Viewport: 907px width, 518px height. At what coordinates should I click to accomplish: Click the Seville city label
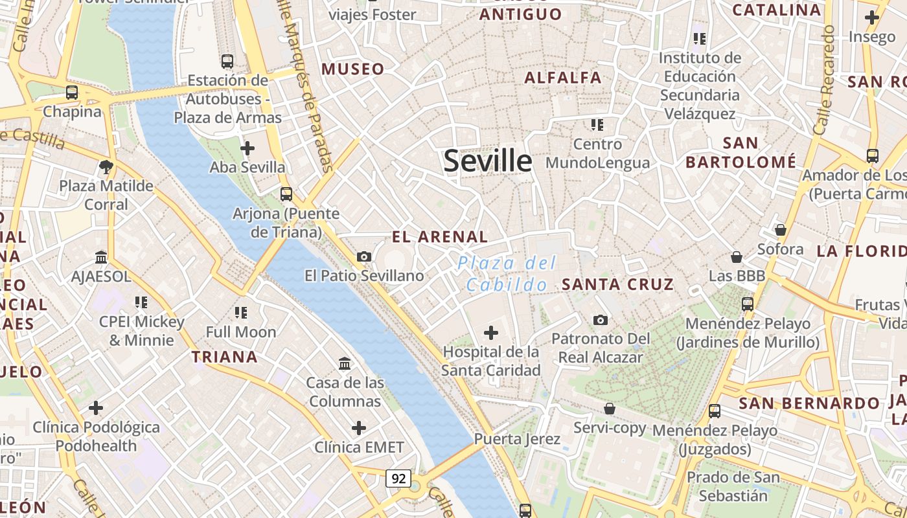487,161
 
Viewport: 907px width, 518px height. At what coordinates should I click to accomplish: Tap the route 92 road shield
398,479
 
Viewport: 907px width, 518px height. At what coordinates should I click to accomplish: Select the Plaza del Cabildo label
507,274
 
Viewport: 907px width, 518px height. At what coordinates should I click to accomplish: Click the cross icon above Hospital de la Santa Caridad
491,333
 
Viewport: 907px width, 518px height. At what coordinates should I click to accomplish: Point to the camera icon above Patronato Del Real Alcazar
601,320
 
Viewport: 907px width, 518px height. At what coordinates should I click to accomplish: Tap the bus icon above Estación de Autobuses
227,62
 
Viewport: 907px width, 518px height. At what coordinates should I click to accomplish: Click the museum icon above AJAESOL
101,258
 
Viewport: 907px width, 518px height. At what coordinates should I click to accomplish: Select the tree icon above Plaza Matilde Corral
106,168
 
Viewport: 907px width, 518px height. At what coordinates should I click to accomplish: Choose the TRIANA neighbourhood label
225,357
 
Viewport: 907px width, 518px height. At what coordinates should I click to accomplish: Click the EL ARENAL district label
440,237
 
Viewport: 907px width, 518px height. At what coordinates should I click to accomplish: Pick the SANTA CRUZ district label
617,284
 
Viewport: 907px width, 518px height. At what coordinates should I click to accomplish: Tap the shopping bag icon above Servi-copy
610,409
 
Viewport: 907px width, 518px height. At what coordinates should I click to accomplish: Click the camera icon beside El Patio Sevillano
364,257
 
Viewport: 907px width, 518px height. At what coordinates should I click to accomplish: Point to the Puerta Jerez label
517,439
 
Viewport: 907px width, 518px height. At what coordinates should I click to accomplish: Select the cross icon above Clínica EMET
359,428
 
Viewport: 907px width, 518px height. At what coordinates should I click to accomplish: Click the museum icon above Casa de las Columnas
345,363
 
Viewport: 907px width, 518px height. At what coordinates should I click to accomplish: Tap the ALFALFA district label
563,78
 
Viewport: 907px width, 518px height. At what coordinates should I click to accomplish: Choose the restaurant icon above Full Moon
241,313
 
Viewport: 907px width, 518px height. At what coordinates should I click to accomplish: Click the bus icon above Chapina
72,93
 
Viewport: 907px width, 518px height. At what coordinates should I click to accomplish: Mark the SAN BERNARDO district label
809,403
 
